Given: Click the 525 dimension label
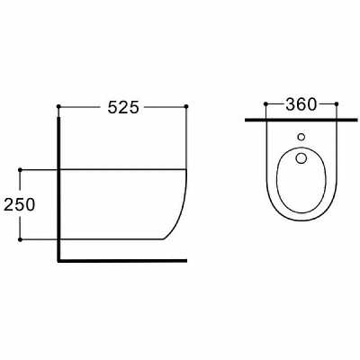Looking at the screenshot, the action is [123, 107].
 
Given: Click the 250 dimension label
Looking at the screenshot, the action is [20, 204].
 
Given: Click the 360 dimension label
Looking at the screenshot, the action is [301, 104].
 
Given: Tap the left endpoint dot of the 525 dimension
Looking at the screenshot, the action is [58, 106].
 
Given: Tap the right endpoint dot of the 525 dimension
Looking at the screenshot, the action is [186, 106].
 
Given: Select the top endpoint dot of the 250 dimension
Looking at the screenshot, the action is [20, 170].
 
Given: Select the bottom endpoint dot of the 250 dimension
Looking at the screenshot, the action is [20, 239].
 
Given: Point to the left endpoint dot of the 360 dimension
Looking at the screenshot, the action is [265, 103].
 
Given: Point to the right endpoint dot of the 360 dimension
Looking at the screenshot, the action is [337, 103].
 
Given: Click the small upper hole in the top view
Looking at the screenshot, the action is [301, 137].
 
